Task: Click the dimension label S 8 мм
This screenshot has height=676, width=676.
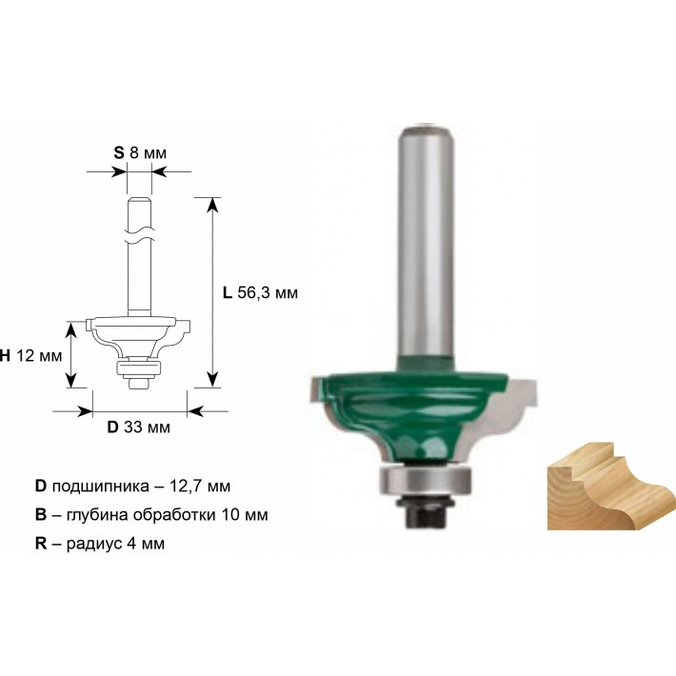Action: (140, 153)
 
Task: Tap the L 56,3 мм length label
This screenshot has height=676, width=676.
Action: (260, 293)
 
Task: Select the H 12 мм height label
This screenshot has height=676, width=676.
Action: (30, 356)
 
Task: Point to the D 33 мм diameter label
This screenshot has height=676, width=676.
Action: (138, 427)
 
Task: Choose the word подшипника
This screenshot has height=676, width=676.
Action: (101, 487)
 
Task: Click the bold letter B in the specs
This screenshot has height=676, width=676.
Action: (41, 515)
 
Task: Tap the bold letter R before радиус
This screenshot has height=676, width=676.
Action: (41, 544)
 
